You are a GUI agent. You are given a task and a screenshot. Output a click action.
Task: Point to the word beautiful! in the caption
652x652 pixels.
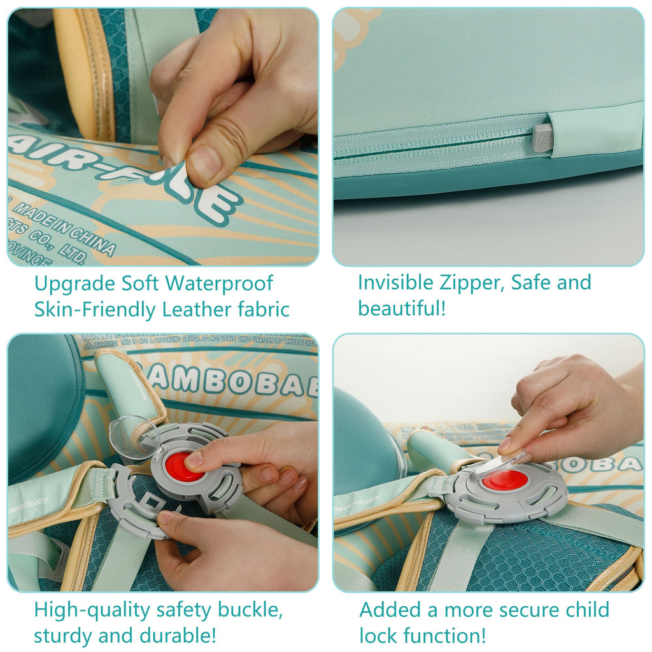coord(402,308)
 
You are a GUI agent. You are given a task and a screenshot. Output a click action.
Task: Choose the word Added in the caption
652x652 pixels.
coord(390,610)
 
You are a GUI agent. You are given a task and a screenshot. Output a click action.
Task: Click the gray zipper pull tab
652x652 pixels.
coord(542,138)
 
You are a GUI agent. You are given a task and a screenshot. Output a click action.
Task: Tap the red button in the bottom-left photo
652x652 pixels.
coord(184,466)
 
